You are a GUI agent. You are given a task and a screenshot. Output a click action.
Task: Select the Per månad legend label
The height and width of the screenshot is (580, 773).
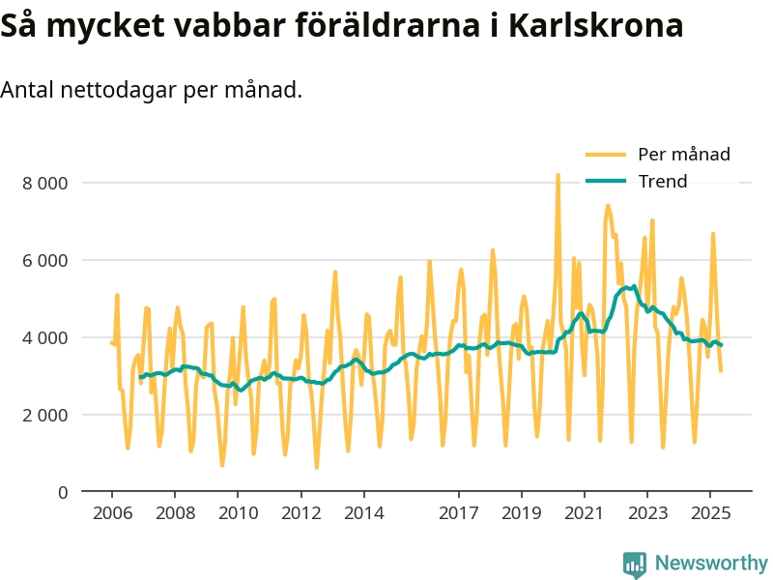coord(683,154)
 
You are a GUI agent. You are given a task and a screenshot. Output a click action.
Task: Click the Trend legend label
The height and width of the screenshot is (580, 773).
coord(662,182)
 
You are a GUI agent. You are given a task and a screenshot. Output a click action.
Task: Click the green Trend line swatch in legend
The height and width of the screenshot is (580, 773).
coord(606,182)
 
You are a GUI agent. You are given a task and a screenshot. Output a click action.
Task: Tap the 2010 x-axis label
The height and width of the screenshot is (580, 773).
coord(238,514)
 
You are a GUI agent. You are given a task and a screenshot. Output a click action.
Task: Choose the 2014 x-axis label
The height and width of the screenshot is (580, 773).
coord(363,514)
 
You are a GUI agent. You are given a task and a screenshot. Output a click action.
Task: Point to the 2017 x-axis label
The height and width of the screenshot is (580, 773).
coord(458,514)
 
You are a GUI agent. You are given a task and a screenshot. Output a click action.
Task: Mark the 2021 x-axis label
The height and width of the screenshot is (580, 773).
coord(584,514)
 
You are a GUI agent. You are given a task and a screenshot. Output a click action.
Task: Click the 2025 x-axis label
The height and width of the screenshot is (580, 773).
coord(709,514)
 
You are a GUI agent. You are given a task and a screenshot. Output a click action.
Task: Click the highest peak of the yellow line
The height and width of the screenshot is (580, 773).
coord(558,176)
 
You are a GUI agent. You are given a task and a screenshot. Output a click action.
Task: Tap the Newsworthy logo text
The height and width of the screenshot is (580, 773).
coord(711,563)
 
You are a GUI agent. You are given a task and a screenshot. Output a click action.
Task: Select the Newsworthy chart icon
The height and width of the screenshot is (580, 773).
coord(635,564)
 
